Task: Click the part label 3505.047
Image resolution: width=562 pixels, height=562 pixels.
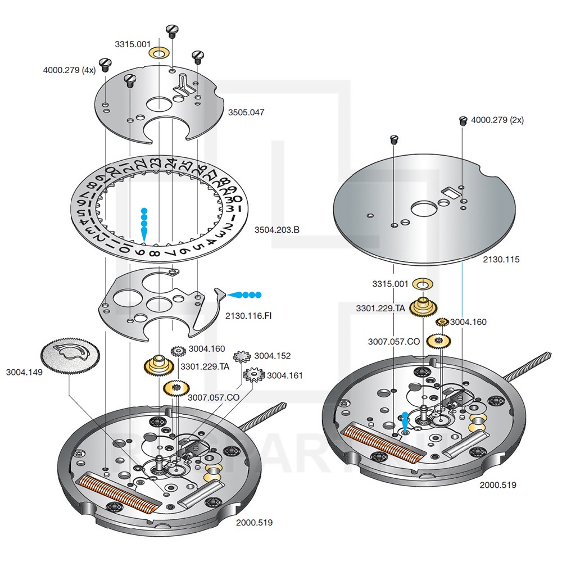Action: pyautogui.click(x=246, y=112)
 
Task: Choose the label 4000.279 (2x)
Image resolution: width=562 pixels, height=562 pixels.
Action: pyautogui.click(x=497, y=120)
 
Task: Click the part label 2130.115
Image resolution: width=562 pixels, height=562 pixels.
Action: pyautogui.click(x=501, y=260)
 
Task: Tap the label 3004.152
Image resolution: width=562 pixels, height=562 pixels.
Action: pyautogui.click(x=273, y=356)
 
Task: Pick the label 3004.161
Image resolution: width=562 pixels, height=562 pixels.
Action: pyautogui.click(x=285, y=375)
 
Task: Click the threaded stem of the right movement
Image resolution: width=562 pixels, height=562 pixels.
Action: pyautogui.click(x=529, y=365)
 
